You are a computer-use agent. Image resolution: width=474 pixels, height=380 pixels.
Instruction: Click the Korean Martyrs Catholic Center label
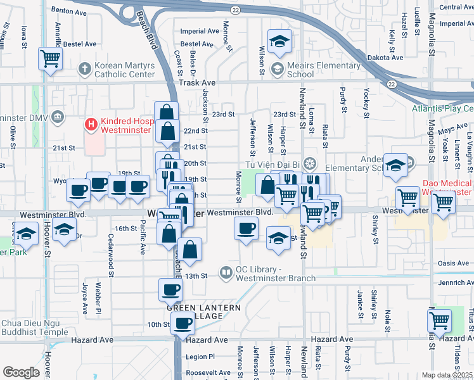(x=124, y=70)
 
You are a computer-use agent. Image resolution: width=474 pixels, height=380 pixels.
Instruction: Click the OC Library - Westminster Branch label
(x=274, y=274)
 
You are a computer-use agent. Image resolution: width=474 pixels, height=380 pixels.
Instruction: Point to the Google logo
(x=21, y=372)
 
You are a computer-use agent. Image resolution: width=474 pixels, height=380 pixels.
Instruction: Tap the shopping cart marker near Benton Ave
(x=50, y=59)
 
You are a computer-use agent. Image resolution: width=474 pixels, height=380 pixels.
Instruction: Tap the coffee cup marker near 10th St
(x=183, y=323)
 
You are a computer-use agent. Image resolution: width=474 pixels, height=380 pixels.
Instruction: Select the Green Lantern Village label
(x=204, y=312)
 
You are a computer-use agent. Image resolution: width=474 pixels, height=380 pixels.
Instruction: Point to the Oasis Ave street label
(x=453, y=263)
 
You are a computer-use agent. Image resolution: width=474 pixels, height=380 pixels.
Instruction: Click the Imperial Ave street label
(x=200, y=31)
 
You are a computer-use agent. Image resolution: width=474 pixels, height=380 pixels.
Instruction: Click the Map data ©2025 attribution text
(x=447, y=375)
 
